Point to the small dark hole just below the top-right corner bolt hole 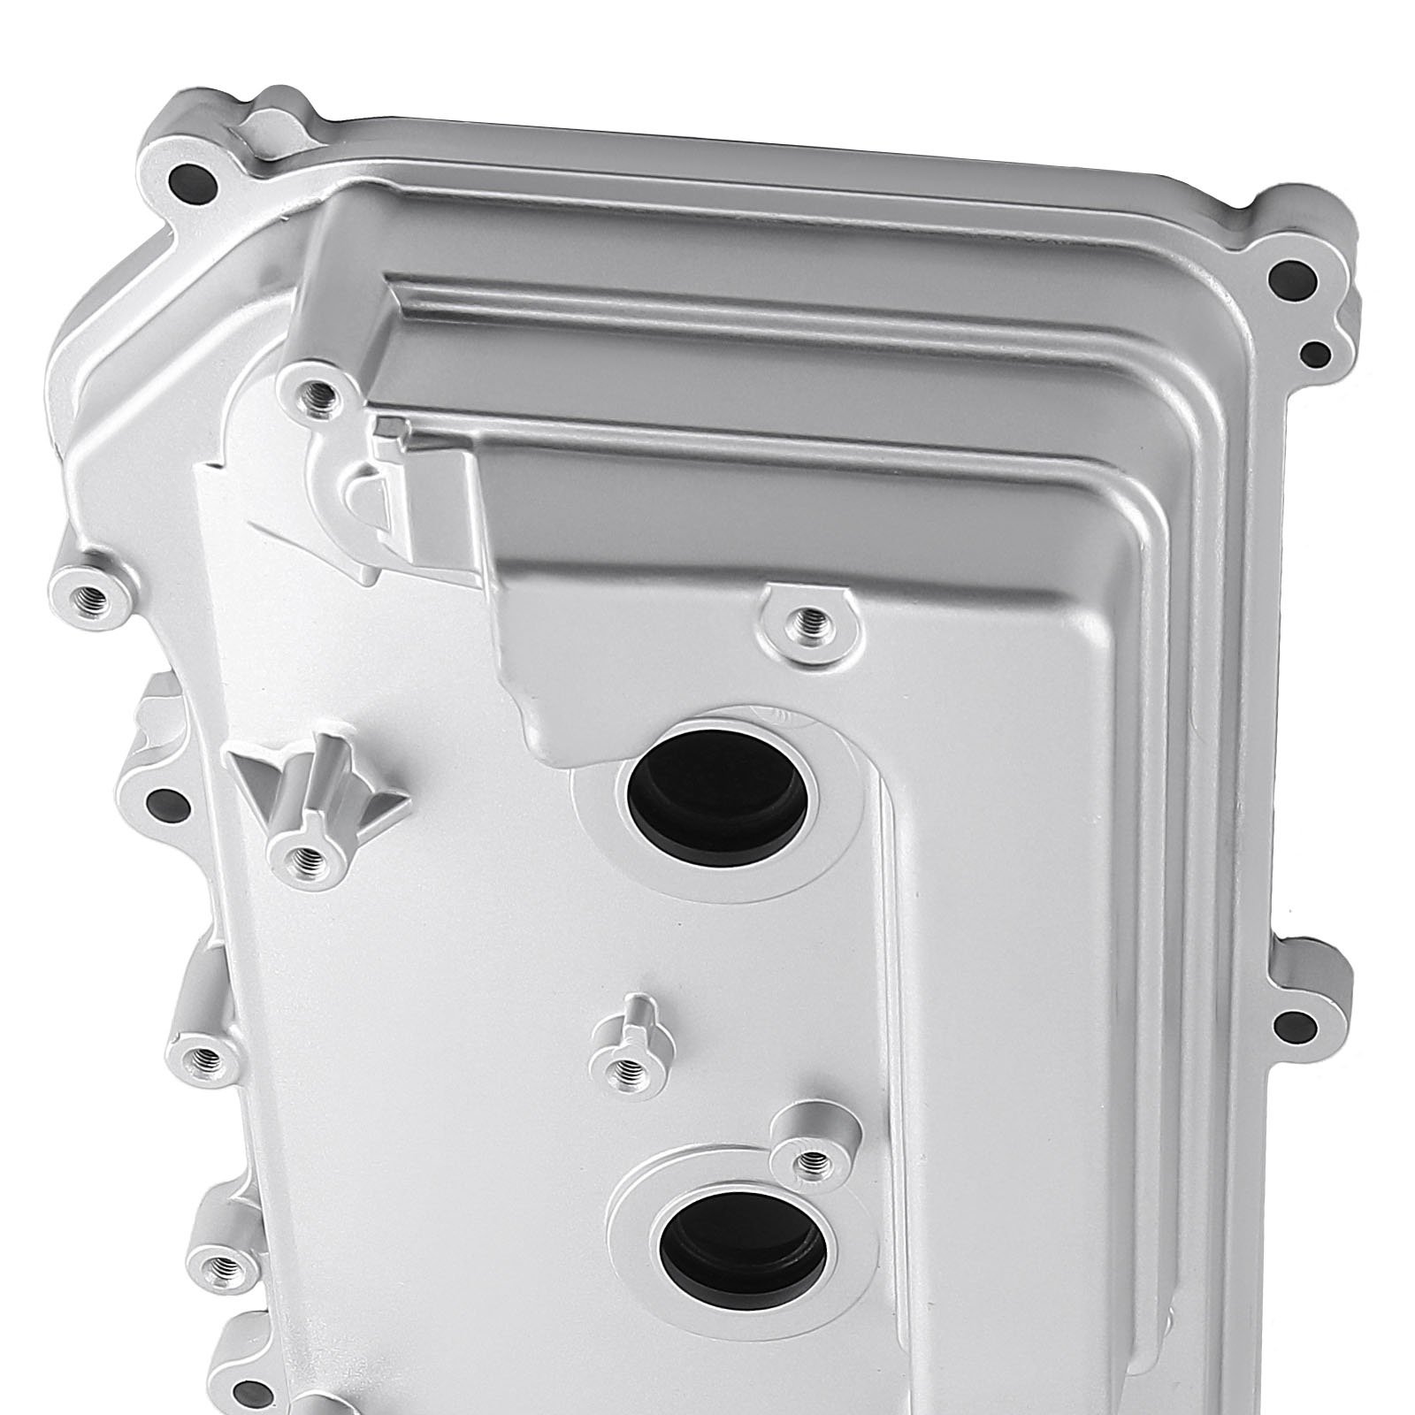tap(1315, 355)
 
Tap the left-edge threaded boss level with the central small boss tap(205, 1055)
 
